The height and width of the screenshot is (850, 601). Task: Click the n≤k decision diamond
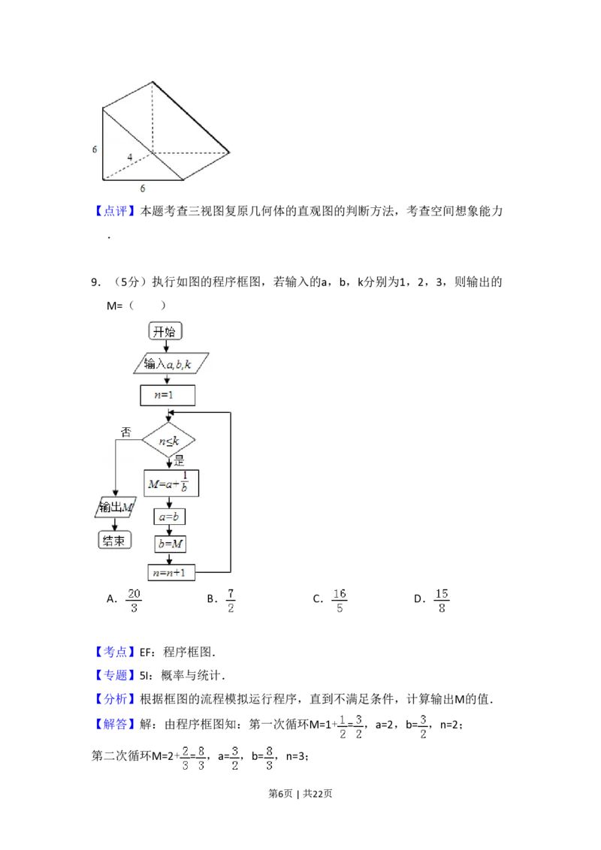[x=168, y=440]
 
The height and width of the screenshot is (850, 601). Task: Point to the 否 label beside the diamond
[x=126, y=432]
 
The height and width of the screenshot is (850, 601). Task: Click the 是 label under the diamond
[x=179, y=460]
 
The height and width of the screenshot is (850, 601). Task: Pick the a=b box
[x=170, y=517]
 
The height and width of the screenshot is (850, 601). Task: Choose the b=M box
[x=170, y=544]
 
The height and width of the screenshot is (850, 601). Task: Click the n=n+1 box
[x=171, y=572]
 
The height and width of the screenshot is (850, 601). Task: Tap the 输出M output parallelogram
[x=115, y=508]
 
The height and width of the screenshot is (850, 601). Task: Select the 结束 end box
[x=113, y=540]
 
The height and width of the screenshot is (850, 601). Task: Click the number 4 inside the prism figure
[x=130, y=157]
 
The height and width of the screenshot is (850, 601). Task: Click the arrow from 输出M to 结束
[x=114, y=523]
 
